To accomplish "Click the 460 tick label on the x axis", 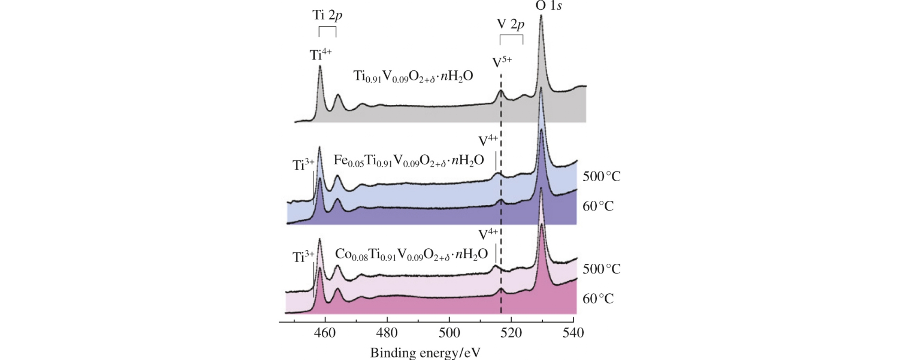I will coord(325,333).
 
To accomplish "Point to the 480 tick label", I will coord(387,333).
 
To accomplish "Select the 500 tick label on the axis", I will coord(449,333).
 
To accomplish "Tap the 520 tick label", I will coord(511,333).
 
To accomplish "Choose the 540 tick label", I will coord(573,333).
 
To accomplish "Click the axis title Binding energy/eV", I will coord(425,352).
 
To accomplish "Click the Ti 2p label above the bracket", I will coord(327,15).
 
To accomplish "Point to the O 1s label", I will coord(548,6).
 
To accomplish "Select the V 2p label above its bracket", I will coord(511,24).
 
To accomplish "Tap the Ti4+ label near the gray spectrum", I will coord(321,54).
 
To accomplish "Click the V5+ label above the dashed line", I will coord(502,62).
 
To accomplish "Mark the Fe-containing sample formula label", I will coord(409,160).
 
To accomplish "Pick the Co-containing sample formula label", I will coord(411,254).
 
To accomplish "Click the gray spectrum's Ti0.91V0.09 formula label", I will coord(413,76).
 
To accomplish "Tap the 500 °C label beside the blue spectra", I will coord(602,177).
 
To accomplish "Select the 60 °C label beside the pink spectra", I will coord(598,299).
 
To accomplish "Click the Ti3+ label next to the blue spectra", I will coord(303,165).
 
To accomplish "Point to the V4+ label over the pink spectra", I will coord(488,234).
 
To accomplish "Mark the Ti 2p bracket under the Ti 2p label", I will coord(327,31).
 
